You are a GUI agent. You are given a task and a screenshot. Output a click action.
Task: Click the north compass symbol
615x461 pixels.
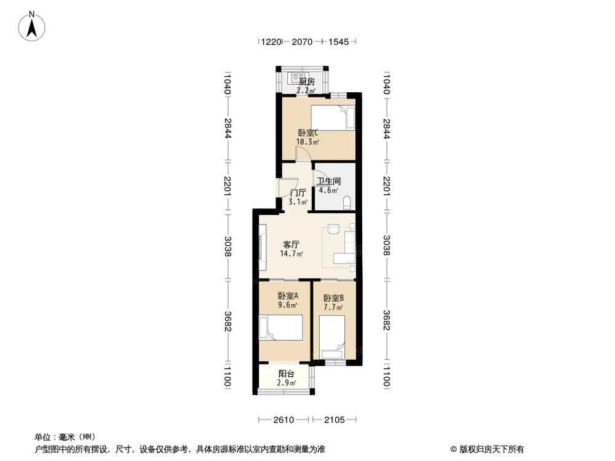(x=33, y=26)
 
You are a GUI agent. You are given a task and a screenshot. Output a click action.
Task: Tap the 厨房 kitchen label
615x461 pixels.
(x=306, y=82)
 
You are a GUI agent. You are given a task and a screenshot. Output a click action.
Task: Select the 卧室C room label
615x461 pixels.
(x=307, y=133)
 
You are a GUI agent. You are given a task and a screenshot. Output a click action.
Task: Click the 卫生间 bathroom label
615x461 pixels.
(x=328, y=181)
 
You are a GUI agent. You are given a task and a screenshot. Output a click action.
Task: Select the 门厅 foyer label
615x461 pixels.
(x=298, y=192)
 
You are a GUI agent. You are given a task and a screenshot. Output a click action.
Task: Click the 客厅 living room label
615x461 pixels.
(x=291, y=245)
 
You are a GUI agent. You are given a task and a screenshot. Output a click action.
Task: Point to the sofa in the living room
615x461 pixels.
(x=349, y=246)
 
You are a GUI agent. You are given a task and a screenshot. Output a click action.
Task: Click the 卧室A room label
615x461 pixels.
(x=288, y=296)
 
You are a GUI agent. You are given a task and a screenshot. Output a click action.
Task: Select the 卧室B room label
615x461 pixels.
(x=333, y=299)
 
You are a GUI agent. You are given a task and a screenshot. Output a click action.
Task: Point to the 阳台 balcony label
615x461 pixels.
(x=286, y=374)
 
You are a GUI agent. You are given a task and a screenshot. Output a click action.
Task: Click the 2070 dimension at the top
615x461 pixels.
(x=302, y=42)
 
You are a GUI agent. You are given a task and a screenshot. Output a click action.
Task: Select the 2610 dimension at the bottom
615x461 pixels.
(x=283, y=420)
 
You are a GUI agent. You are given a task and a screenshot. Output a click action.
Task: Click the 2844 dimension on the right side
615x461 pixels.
(x=386, y=128)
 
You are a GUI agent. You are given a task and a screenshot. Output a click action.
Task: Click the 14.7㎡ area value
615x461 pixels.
(x=291, y=254)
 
